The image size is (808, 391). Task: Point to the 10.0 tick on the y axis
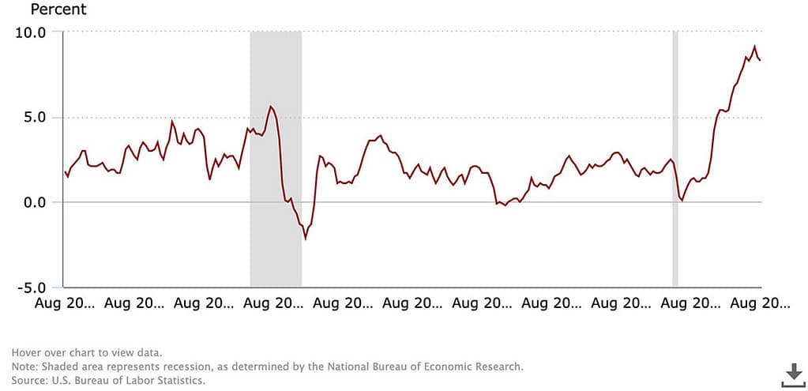[x=32, y=32]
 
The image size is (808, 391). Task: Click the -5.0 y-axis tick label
[x=33, y=287]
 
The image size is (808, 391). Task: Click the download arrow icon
[x=792, y=375]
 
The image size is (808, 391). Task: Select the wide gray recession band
[x=276, y=158]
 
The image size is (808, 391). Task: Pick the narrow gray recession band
[x=675, y=158]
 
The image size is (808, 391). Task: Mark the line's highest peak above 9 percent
[x=754, y=47]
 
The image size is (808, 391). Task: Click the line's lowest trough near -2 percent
[x=305, y=238]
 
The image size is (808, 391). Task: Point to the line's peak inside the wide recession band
[x=271, y=107]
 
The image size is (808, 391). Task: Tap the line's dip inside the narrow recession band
[x=682, y=201]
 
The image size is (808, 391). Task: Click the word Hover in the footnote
[x=26, y=352]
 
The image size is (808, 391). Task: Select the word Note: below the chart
[x=25, y=367]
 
